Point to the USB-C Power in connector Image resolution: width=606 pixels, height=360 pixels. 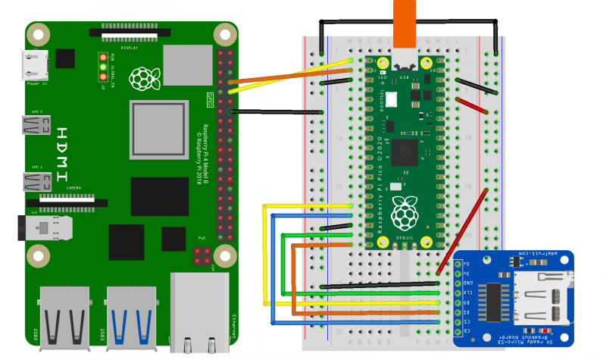(x=36, y=64)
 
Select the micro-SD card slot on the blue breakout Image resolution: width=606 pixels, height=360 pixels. (x=537, y=296)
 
